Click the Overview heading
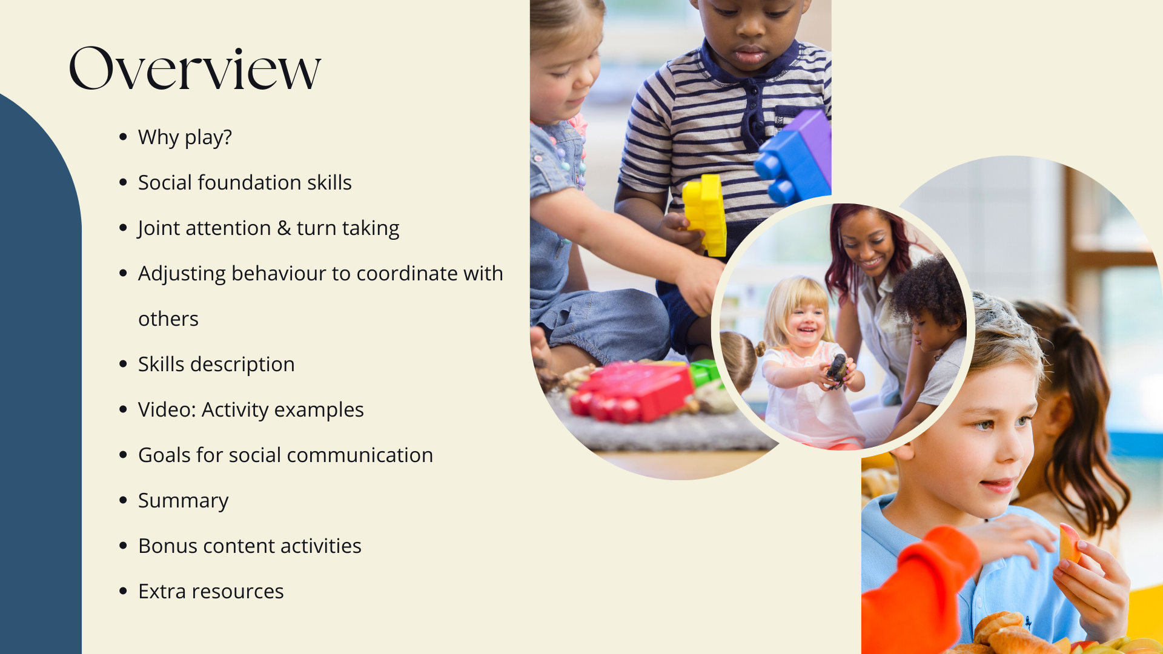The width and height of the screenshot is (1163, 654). pyautogui.click(x=194, y=68)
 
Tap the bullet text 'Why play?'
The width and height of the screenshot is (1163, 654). pyautogui.click(x=185, y=137)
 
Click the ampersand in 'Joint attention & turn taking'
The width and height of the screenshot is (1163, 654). pyautogui.click(x=283, y=228)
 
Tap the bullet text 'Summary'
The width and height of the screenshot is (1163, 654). pyautogui.click(x=184, y=501)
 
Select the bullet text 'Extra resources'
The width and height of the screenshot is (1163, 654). pyautogui.click(x=211, y=591)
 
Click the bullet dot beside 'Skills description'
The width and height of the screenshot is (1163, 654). pyautogui.click(x=124, y=364)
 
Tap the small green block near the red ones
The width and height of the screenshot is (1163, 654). pyautogui.click(x=704, y=372)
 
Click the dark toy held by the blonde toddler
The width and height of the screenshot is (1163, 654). pyautogui.click(x=837, y=369)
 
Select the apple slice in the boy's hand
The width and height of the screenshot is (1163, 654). pyautogui.click(x=1069, y=543)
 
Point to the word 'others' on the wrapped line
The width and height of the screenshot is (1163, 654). pyautogui.click(x=168, y=319)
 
